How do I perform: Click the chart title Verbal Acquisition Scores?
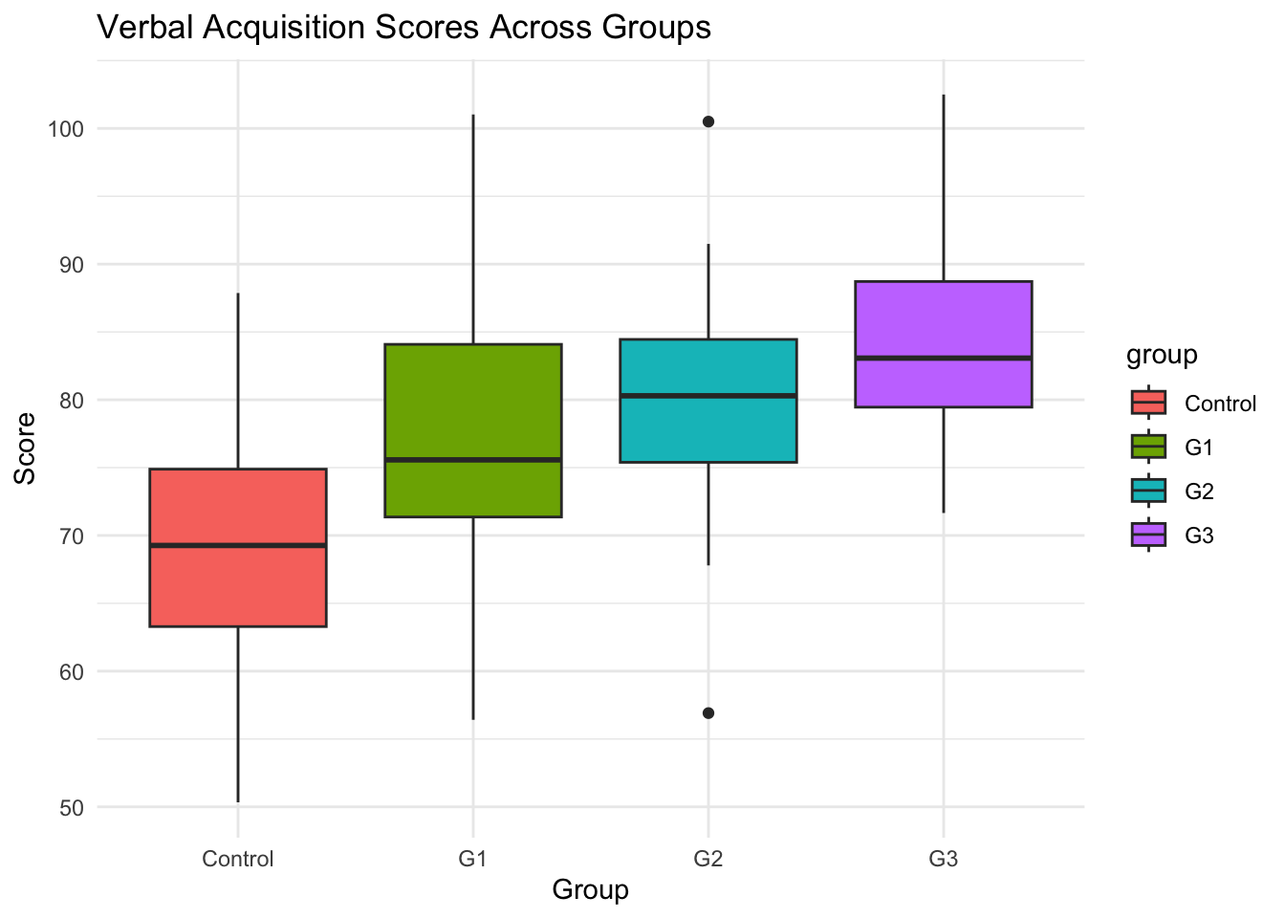coord(403,28)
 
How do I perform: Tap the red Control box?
coord(238,583)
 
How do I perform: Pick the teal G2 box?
coord(708,426)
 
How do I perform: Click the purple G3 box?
coord(944,320)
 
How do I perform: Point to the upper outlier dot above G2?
coord(708,121)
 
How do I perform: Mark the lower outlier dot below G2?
coord(708,713)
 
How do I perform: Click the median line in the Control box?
coord(238,545)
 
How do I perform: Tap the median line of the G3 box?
coord(944,358)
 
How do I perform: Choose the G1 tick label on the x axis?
coord(472,859)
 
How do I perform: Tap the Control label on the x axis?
coord(238,859)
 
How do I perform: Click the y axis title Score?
coord(25,448)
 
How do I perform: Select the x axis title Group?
coord(590,890)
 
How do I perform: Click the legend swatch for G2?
coord(1148,492)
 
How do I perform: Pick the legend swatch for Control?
coord(1148,404)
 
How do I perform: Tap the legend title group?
coord(1162,356)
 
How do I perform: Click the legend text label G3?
coord(1199,535)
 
